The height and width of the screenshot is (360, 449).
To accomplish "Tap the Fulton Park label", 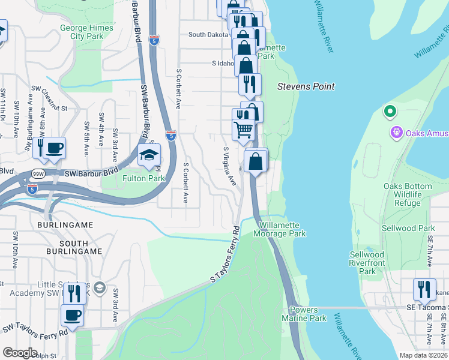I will tap(143, 178).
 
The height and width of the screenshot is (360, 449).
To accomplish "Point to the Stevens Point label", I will tap(306, 86).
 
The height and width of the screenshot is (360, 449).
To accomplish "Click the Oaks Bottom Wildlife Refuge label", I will tap(408, 195).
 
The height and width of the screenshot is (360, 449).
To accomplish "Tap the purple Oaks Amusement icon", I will tap(396, 133).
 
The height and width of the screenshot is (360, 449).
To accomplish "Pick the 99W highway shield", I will tap(38, 174).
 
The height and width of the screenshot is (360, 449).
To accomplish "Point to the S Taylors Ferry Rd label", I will tap(225, 255).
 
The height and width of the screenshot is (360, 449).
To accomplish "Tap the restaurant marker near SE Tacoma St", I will tap(424, 289).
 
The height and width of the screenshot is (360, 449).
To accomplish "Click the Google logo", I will tap(20, 353).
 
